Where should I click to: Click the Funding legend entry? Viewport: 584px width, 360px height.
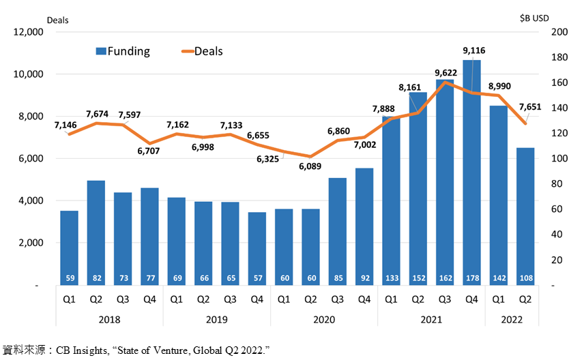point(123,51)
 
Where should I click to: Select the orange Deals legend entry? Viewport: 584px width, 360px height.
point(202,51)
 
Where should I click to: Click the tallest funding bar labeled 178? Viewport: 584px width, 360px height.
point(472,172)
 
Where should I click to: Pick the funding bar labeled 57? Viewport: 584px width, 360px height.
point(257,249)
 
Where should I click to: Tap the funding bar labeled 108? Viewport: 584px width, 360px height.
point(525,217)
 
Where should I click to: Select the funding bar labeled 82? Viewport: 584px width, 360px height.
point(96,233)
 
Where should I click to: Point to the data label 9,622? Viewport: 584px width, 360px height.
point(446,72)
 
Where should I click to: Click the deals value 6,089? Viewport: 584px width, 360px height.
point(310,166)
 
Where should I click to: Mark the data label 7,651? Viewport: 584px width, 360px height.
point(530,107)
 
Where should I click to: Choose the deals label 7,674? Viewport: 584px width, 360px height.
point(97,114)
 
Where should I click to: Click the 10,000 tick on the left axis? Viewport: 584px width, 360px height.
point(28,74)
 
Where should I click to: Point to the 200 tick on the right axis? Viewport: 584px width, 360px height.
point(559,32)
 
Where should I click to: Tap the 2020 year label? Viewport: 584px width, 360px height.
point(324,319)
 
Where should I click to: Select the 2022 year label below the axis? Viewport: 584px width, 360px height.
point(512,319)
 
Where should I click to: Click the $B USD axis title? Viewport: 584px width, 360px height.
point(534,18)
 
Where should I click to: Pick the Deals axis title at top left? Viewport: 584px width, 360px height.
point(58,20)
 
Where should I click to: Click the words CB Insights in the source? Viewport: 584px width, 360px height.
point(82,350)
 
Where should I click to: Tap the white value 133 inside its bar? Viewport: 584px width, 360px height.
point(392,278)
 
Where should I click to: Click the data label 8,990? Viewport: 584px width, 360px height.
point(499,87)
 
